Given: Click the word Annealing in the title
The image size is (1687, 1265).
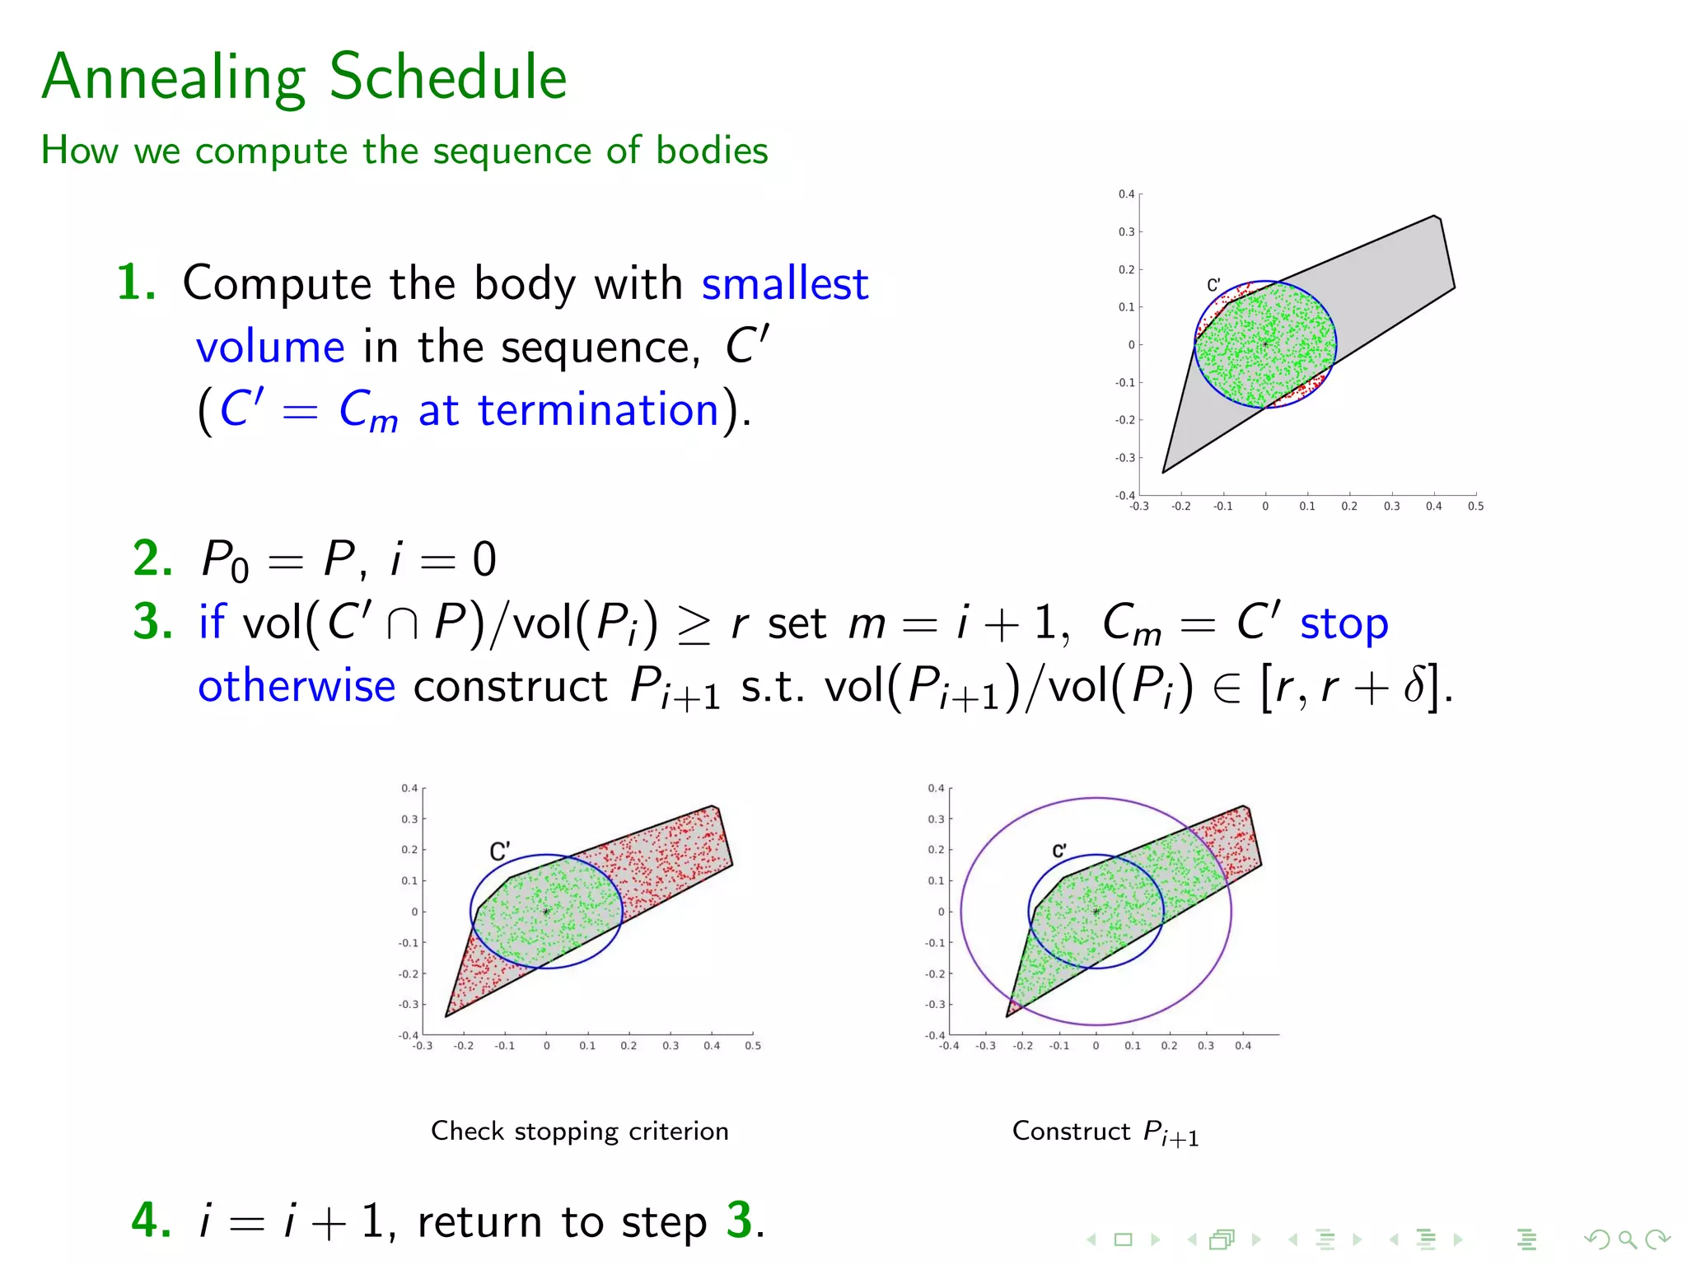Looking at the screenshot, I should click(x=174, y=78).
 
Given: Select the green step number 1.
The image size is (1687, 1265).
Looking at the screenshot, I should click(x=135, y=282).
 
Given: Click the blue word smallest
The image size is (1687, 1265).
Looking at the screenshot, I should click(x=784, y=284).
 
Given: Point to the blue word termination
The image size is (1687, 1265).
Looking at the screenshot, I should click(x=598, y=409).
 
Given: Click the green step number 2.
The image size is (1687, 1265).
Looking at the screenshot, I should click(x=152, y=558).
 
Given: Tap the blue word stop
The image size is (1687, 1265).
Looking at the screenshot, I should click(x=1344, y=623).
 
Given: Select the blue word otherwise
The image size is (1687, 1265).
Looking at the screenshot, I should click(x=297, y=686).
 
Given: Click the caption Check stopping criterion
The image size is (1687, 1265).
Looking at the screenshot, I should click(x=579, y=1131).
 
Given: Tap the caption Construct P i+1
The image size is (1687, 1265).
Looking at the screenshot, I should click(x=1105, y=1132).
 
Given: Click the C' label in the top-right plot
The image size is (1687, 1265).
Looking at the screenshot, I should click(x=1213, y=285).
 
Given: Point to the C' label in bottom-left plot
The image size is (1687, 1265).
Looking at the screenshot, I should click(x=499, y=851).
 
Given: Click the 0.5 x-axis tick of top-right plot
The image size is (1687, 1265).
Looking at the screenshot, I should click(x=1475, y=506).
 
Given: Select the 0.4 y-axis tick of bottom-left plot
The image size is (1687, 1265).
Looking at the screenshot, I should click(x=409, y=788).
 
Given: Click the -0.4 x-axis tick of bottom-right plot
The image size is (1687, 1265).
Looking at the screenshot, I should click(x=950, y=1046).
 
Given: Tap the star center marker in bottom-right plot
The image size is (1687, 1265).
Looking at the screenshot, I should click(x=1096, y=912).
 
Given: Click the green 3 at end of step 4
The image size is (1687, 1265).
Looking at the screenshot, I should click(x=739, y=1220).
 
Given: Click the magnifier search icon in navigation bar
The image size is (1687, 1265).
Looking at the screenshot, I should click(x=1627, y=1239).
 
